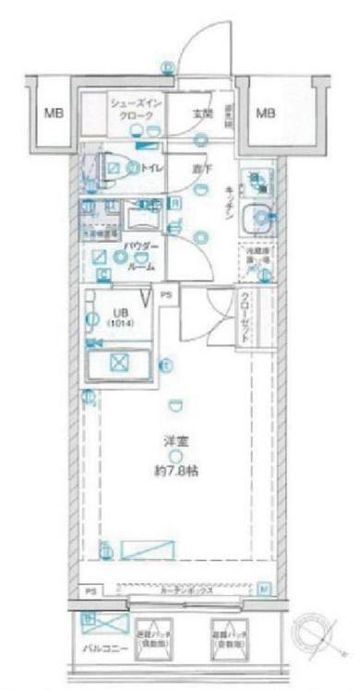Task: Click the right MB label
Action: click(x=266, y=114)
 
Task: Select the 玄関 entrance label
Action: click(x=203, y=113)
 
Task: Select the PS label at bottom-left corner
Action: click(x=90, y=590)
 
